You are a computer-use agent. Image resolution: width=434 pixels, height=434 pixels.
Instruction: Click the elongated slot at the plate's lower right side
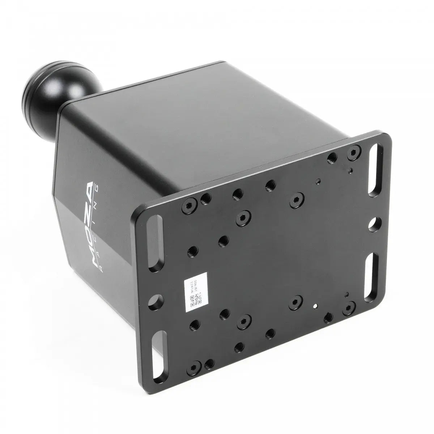coord(371,276)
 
